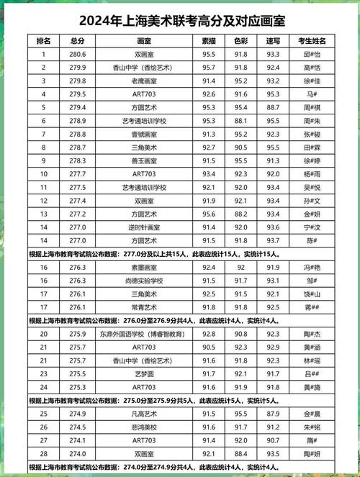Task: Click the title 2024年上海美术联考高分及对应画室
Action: tap(179, 18)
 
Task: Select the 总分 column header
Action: tap(78, 42)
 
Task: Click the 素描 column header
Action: tap(210, 42)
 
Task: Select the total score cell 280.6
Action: tap(78, 54)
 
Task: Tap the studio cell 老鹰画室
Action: tap(144, 81)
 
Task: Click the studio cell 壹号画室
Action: tap(144, 134)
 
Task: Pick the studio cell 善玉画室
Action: tap(144, 160)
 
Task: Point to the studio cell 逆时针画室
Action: tap(144, 227)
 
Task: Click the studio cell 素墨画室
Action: tap(144, 267)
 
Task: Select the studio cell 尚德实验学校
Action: tap(144, 281)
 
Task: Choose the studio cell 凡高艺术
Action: tap(144, 414)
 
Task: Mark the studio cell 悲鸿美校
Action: tap(144, 427)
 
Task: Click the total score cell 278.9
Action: tap(78, 120)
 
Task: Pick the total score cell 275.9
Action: tap(78, 334)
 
